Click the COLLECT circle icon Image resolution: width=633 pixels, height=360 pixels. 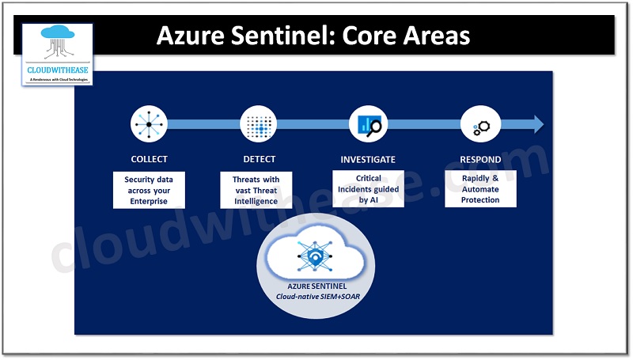149,124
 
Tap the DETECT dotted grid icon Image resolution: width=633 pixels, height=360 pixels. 259,124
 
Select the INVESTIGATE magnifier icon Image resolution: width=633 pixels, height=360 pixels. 368,124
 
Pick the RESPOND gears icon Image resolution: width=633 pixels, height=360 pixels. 479,125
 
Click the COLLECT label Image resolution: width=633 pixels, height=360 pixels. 149,159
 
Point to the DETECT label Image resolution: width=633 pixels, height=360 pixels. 259,159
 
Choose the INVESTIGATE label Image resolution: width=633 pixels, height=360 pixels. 368,159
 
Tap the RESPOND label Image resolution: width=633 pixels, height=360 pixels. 480,159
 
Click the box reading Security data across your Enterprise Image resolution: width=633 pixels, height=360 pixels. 149,191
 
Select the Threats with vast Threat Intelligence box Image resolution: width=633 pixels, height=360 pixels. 256,191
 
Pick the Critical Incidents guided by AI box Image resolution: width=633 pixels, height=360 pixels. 368,189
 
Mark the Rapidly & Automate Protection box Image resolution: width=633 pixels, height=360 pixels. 480,189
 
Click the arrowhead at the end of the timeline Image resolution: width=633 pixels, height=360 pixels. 538,124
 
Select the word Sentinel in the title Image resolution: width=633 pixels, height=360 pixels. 282,36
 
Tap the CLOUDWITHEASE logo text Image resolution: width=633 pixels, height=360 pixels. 56,69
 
